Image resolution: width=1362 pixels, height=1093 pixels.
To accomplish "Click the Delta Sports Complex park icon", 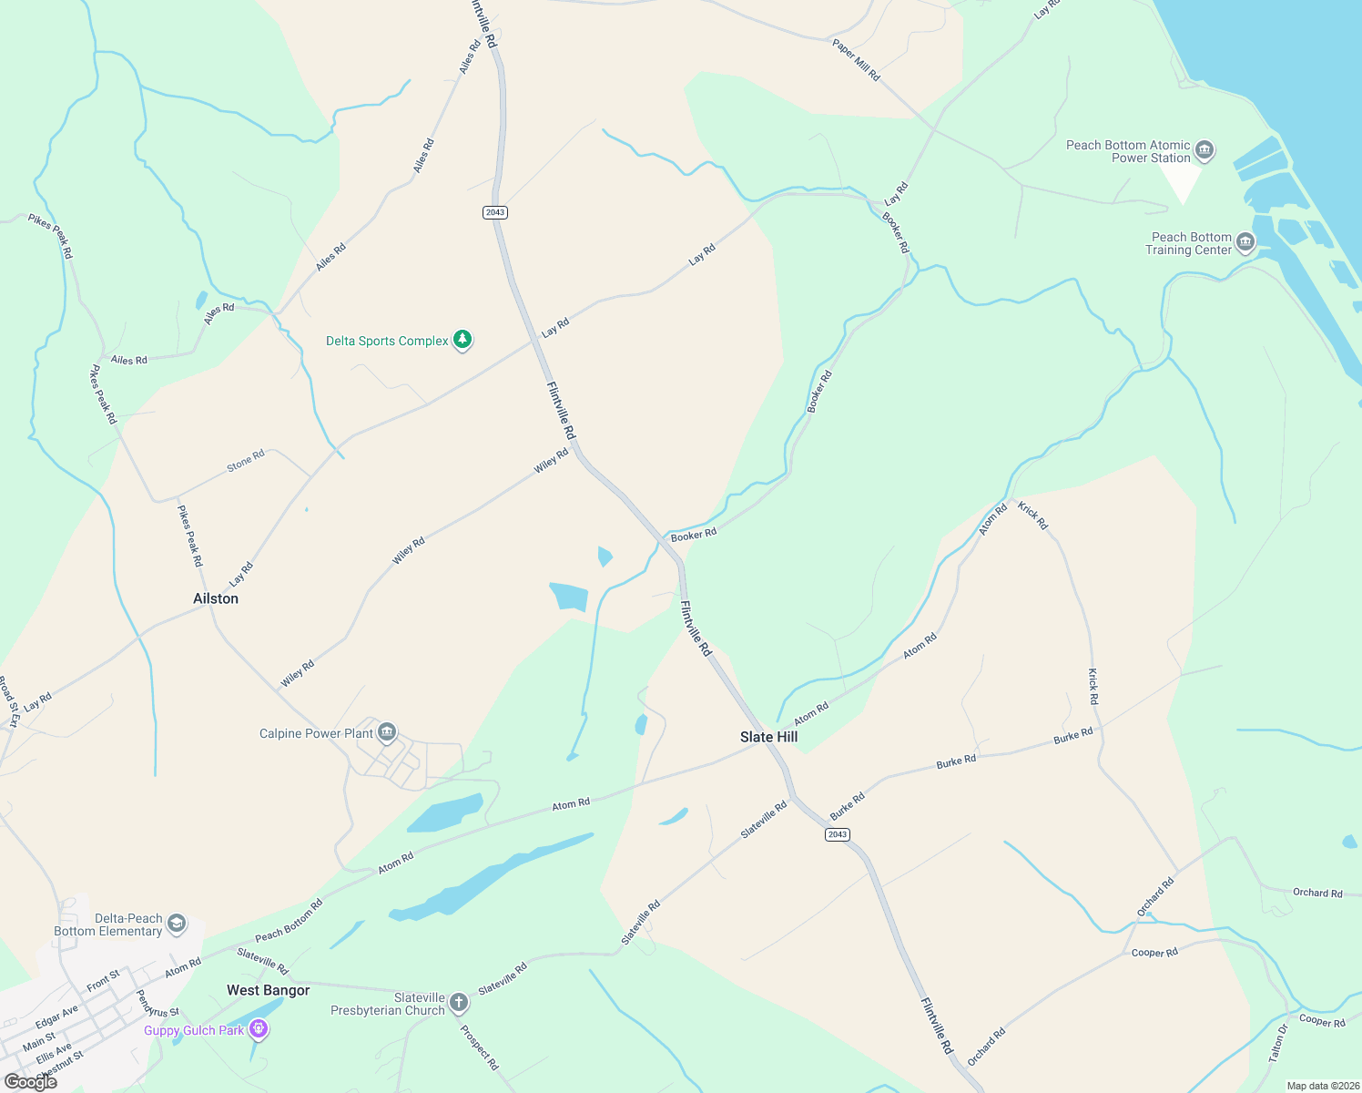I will point(462,341).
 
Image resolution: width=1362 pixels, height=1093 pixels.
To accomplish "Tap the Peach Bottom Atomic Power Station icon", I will point(1204,150).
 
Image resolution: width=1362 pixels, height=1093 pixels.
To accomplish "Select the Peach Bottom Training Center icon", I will point(1245,243).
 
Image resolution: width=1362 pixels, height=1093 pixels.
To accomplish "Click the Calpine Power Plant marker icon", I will point(387,732).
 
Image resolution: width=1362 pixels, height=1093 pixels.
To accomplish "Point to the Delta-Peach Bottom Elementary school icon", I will point(177,924).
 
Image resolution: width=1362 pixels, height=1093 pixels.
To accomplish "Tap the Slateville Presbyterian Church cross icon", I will point(459,1004).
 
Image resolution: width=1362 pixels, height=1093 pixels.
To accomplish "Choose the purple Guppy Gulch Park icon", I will point(259,1029).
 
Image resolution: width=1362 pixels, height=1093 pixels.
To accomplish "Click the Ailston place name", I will point(216,598).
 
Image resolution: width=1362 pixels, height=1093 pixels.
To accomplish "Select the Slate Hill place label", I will point(768,737).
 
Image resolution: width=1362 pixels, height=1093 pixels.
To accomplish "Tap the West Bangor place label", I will point(269,990).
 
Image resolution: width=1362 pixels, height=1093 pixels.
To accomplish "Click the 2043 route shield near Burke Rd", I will point(838,834).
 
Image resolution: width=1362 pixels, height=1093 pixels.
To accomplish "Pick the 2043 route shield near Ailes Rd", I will point(494,212).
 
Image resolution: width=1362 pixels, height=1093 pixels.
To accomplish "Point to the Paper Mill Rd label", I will point(856,60).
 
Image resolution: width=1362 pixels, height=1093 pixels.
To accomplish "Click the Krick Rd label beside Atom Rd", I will point(1033,516).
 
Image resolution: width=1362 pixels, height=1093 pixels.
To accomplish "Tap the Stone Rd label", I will point(246,461).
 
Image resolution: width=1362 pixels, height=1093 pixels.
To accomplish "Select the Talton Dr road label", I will point(1278,1042).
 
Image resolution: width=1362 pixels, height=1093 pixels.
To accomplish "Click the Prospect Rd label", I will point(480,1047).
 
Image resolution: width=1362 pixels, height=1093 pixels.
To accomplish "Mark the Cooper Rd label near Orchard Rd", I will point(1154,953).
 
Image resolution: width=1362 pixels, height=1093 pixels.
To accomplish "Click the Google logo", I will point(29,1082).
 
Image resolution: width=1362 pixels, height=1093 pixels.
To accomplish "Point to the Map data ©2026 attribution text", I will point(1320,1086).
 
